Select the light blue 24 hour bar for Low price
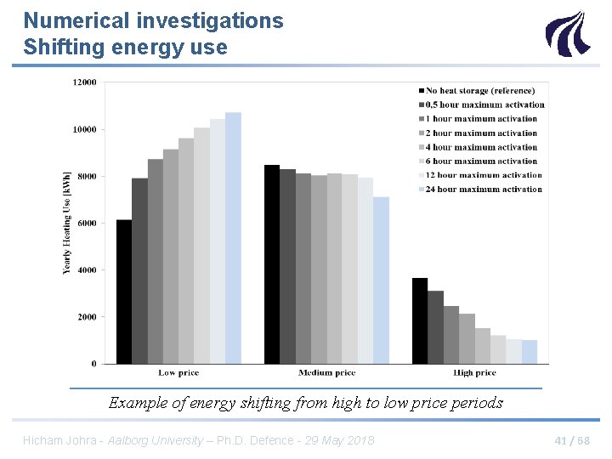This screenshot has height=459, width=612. [233, 238]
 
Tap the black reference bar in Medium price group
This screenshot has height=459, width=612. [272, 264]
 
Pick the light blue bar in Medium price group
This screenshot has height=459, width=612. [381, 280]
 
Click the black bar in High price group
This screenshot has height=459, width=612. [420, 320]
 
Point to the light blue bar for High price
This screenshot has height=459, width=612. [529, 352]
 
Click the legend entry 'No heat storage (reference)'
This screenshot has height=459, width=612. [480, 91]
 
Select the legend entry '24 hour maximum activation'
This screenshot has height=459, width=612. [484, 190]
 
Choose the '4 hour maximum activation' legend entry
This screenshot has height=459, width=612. [481, 147]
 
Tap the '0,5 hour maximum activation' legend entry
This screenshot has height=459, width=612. [484, 105]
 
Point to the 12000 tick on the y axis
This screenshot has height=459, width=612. [84, 82]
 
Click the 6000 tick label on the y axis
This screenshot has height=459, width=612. [87, 224]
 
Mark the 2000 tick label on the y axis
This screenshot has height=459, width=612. [87, 317]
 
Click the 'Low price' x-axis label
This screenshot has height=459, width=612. [178, 373]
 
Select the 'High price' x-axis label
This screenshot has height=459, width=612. [474, 373]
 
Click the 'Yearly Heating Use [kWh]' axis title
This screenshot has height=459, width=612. [67, 223]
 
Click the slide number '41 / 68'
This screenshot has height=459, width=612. [571, 440]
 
